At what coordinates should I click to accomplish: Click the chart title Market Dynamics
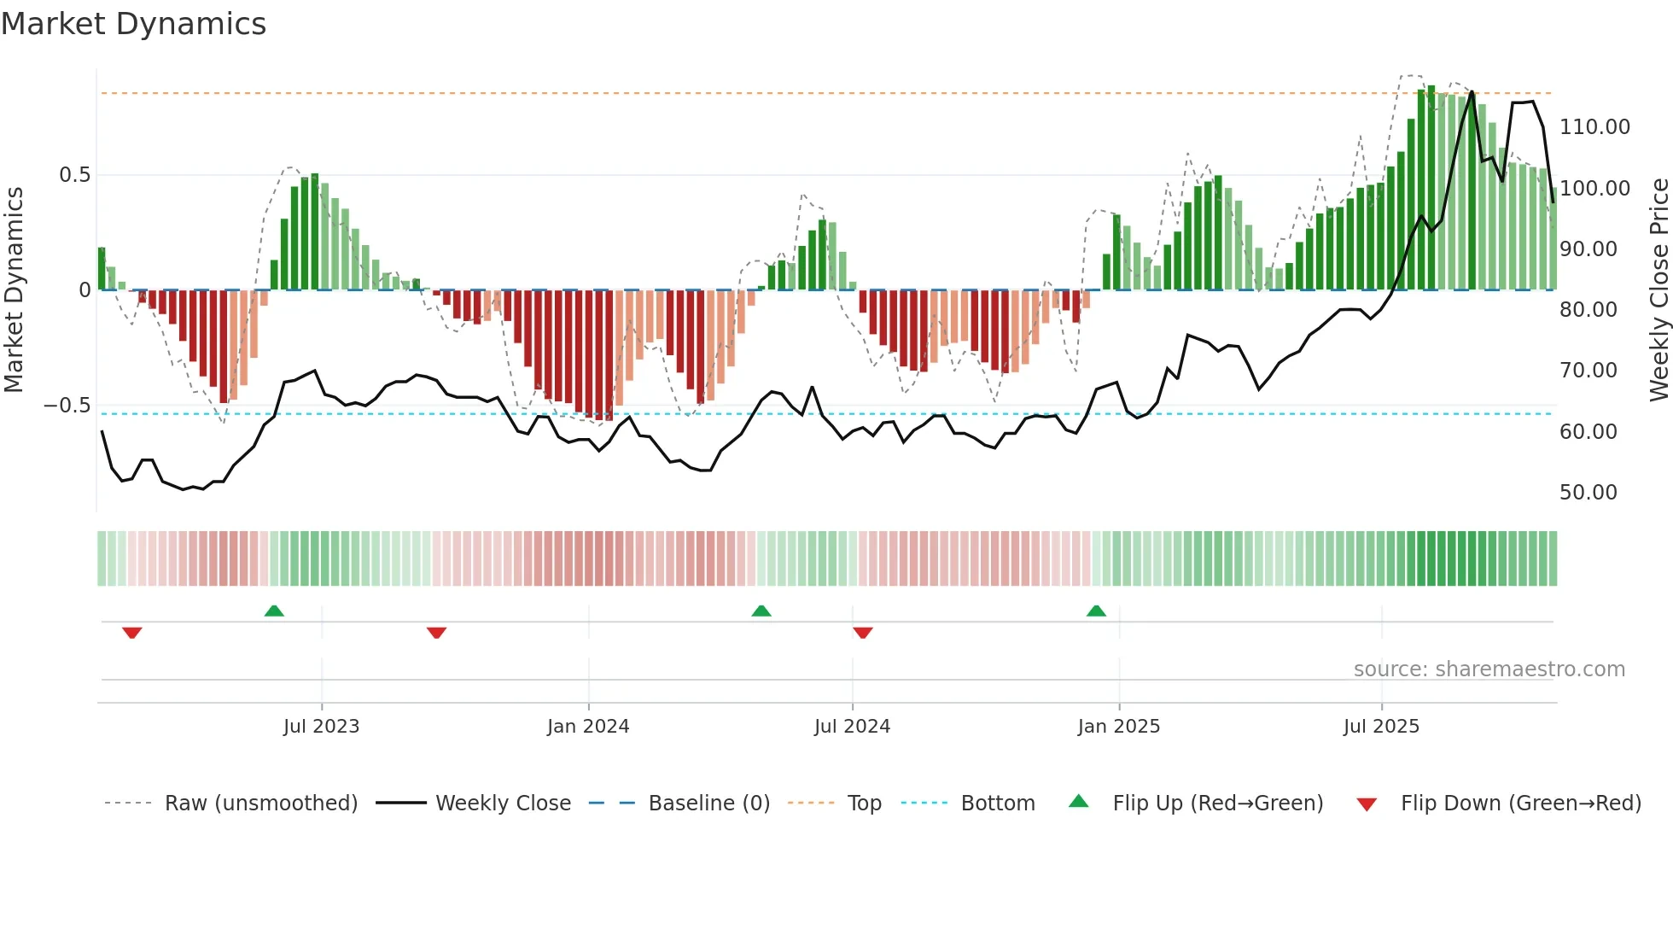point(133,24)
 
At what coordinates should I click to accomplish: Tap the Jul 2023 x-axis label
point(321,727)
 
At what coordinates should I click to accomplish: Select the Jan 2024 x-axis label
point(588,727)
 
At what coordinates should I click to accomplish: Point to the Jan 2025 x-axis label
point(1118,727)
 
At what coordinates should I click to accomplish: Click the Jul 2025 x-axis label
point(1381,727)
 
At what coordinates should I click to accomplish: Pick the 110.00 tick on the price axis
point(1594,127)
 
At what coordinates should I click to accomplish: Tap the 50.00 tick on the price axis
point(1588,493)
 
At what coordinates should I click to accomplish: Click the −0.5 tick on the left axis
point(67,406)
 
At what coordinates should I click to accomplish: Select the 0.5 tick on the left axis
point(74,175)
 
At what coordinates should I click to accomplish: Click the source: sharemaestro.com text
point(1489,669)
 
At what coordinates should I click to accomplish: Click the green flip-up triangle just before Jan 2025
point(1096,611)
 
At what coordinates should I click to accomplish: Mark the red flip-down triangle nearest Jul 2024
point(862,633)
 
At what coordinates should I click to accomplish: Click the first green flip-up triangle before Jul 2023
point(274,611)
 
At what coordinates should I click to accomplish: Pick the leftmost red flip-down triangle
point(131,633)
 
